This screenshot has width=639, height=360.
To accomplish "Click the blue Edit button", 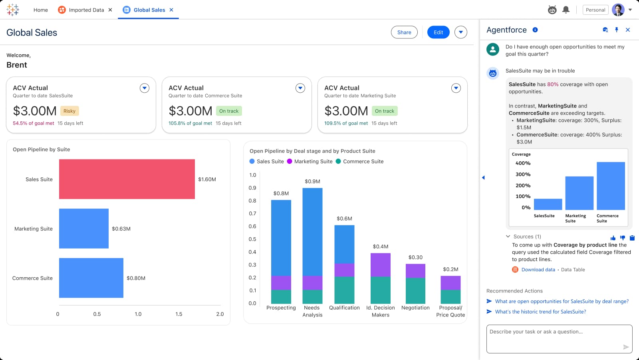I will tap(438, 32).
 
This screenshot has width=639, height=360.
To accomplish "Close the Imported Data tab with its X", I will tap(110, 10).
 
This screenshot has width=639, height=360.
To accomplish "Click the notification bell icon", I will tap(566, 10).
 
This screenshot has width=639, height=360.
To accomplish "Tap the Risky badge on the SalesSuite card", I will tap(69, 111).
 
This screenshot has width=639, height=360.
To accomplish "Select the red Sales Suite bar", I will tap(127, 179).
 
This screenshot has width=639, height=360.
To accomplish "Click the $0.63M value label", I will tap(121, 229).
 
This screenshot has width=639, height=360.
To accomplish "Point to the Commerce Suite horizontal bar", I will tap(91, 278).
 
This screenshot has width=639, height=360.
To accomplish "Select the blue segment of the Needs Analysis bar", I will tap(312, 232).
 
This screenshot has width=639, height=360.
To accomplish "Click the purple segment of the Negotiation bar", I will tap(415, 271).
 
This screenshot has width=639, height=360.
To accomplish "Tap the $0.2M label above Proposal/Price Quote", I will tap(450, 269).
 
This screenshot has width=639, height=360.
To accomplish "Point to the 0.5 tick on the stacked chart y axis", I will tap(252, 239).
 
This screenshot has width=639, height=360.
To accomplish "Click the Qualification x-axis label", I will tap(344, 308).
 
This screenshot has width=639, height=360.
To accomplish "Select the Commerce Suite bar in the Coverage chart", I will tap(611, 186).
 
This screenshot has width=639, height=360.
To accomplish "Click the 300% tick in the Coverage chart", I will tap(523, 174).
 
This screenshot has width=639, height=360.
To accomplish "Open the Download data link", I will tap(538, 270).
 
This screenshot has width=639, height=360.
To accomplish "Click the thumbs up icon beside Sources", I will tap(613, 238).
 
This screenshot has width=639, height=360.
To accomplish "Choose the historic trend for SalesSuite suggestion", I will tap(540, 312).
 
